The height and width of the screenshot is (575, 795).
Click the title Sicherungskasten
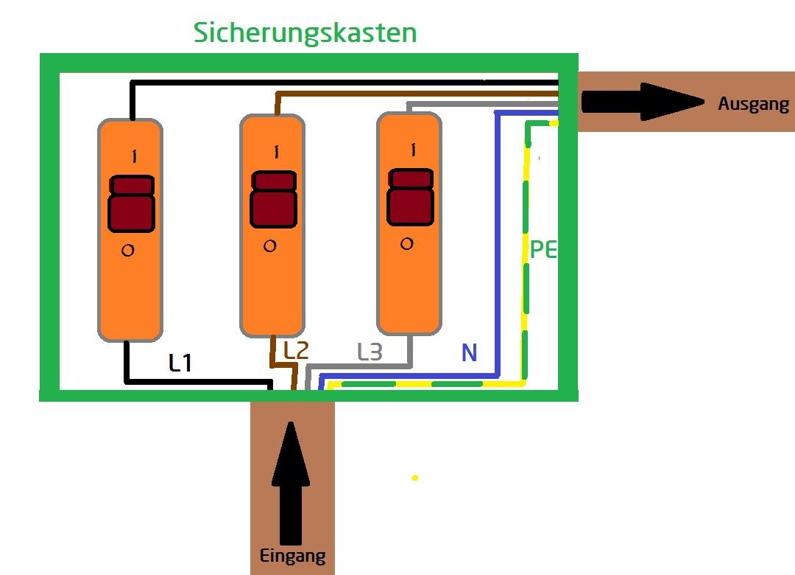point(305,32)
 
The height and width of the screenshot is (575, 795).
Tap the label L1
point(180,363)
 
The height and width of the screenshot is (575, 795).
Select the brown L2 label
point(295,351)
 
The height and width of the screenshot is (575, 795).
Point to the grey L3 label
point(370,352)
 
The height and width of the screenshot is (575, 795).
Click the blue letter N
point(469,353)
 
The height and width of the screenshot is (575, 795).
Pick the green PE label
point(543,250)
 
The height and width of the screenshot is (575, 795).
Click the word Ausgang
point(753,104)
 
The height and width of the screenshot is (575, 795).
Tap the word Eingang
point(292,556)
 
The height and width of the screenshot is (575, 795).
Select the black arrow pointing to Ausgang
point(643,102)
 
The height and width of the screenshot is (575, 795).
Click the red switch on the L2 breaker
point(273,199)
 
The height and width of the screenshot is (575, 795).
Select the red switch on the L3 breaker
point(411,197)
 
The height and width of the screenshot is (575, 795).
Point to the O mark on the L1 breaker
point(127,251)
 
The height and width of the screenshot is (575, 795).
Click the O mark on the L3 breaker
point(407,243)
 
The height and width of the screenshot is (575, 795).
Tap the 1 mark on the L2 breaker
point(276,152)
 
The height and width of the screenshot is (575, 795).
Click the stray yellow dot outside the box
point(415,478)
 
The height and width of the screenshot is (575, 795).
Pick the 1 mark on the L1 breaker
point(134,156)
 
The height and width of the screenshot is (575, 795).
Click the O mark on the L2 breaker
point(269,245)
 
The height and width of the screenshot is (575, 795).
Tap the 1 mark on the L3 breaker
point(414,150)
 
